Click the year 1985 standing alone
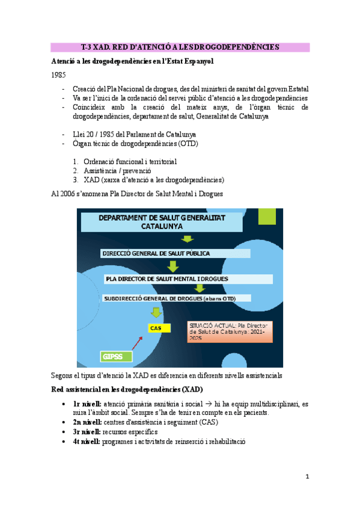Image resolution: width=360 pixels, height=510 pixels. pyautogui.click(x=59, y=75)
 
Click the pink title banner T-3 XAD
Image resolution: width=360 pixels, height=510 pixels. pyautogui.click(x=179, y=47)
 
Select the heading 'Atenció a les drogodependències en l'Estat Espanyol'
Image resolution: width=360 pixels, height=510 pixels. pyautogui.click(x=132, y=61)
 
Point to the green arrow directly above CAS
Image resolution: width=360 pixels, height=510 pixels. pyautogui.click(x=156, y=312)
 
